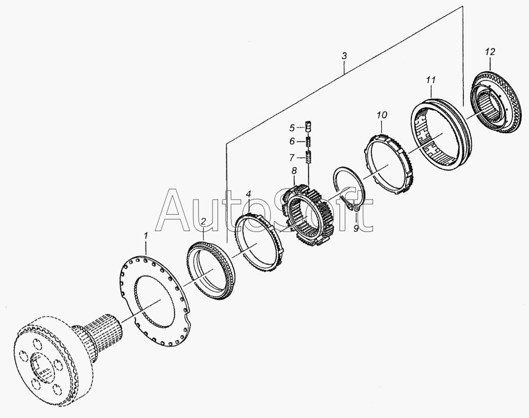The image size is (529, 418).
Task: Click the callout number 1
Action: (x=146, y=235)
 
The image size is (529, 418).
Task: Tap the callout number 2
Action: (x=204, y=221)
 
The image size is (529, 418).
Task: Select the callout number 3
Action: (x=344, y=56)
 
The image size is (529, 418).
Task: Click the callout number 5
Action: (x=292, y=128)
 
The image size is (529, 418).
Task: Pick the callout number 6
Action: (x=292, y=141)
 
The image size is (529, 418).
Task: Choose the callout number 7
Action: (x=292, y=157)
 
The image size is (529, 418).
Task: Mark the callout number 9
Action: (x=356, y=229)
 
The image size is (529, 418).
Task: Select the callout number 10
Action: (x=382, y=115)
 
